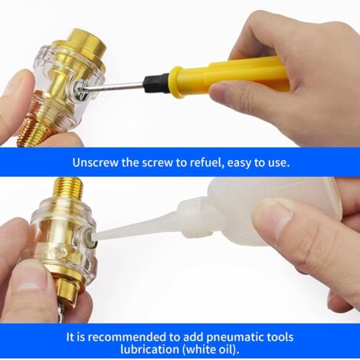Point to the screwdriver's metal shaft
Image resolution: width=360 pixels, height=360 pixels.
click(116, 87)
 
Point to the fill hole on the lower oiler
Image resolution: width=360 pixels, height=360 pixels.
click(90, 234)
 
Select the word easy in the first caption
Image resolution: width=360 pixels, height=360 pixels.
click(239, 163)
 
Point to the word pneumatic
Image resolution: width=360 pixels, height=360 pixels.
click(234, 338)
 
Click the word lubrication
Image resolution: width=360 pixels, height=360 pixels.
click(149, 349)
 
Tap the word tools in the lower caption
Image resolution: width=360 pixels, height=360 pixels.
click(279, 337)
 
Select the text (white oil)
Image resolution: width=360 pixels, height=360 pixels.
click(211, 350)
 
